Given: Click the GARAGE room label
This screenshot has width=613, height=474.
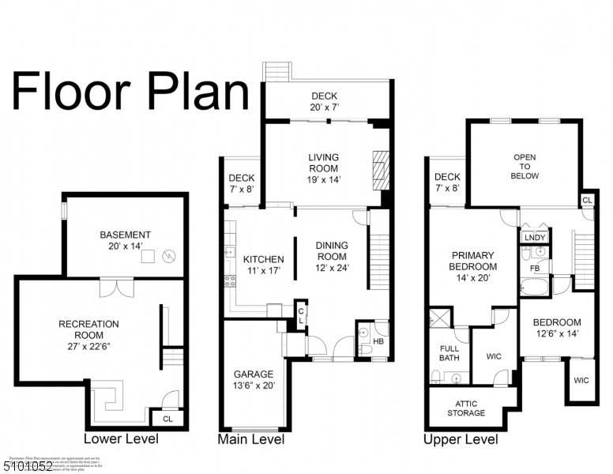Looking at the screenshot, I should (x=253, y=374).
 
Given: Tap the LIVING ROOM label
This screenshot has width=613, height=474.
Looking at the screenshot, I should (x=323, y=157).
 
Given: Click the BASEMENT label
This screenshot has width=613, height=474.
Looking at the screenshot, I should (x=125, y=235).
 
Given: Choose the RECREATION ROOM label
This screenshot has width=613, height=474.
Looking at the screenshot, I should (x=88, y=324).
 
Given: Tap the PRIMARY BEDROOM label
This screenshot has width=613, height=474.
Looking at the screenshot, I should (x=473, y=256).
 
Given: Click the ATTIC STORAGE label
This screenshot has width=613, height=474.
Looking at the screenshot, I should (x=466, y=408).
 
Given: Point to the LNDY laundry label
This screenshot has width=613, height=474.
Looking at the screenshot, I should (x=534, y=237).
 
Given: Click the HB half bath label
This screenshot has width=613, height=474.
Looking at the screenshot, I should (x=378, y=341).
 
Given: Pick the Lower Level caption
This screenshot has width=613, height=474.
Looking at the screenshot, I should (x=121, y=439).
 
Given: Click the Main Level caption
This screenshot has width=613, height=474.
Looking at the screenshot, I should (x=250, y=439).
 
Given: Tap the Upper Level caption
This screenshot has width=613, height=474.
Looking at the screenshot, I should (x=461, y=439).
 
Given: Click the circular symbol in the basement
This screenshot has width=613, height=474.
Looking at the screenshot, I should (x=167, y=256).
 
